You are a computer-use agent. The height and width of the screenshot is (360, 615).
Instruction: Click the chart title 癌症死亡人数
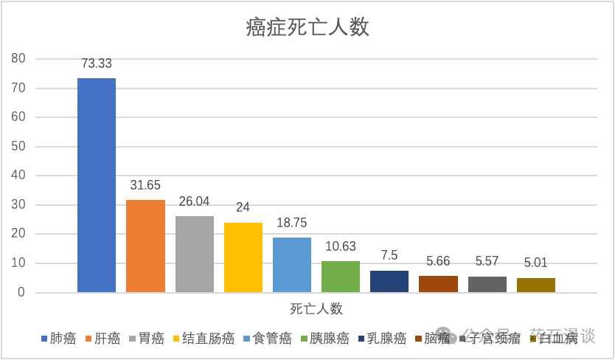tap(307, 29)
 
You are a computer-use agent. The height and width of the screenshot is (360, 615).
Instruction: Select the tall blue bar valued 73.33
tap(97, 185)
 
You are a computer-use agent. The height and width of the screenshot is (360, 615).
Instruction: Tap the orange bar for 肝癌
tap(145, 246)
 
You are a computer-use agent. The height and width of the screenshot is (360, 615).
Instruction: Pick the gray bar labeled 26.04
tap(195, 255)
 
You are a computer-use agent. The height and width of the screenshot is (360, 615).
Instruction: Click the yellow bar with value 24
tap(243, 257)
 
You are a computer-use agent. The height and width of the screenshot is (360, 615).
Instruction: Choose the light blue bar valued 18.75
tap(292, 265)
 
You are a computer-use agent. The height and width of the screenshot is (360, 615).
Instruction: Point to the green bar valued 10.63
tap(341, 277)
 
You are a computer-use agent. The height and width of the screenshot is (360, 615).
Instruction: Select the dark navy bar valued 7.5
tap(389, 281)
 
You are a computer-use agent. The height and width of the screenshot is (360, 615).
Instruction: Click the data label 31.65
tap(145, 185)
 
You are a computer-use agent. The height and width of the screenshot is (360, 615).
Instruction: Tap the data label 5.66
tap(438, 261)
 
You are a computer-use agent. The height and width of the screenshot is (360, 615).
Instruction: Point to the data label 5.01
tap(535, 263)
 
